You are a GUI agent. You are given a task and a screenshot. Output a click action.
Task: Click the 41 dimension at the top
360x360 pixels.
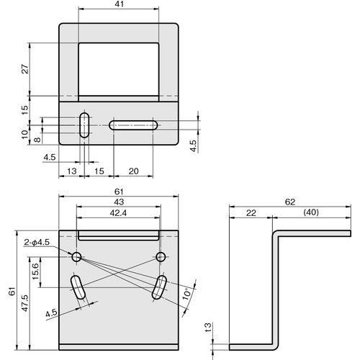tap(119, 4)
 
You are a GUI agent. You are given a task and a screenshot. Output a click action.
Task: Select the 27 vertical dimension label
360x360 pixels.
tap(25, 69)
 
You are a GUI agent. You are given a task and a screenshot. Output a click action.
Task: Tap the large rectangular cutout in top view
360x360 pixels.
tap(119, 69)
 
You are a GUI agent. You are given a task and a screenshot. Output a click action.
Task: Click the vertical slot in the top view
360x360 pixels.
tap(84, 125)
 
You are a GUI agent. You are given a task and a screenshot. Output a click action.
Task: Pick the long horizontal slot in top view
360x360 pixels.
tap(133, 125)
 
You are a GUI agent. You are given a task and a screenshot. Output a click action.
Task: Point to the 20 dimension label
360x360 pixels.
tap(133, 171)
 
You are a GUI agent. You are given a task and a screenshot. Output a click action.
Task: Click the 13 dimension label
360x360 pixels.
tap(71, 171)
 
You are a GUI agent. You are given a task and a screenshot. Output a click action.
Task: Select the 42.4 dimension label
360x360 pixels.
tap(118, 213)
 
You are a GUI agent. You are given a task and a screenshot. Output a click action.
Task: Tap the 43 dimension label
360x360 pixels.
tap(119, 202)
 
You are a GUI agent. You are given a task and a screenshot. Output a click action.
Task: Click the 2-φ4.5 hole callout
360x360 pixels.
tap(37, 242)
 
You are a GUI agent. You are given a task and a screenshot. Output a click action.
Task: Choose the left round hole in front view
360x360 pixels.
tap(76, 257)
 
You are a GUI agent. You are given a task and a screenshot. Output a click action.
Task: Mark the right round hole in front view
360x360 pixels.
tap(161, 257)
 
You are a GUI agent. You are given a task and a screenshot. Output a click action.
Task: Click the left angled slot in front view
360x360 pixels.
tap(78, 287)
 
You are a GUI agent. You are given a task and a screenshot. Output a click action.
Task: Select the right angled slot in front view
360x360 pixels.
tap(159, 287)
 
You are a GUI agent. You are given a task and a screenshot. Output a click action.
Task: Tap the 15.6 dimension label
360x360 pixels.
tap(35, 271)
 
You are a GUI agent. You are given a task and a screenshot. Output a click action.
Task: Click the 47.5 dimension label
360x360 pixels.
tap(25, 303)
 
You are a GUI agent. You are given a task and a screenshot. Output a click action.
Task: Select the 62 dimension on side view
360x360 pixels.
tap(290, 202)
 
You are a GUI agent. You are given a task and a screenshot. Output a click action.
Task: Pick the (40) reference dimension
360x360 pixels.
tap(311, 212)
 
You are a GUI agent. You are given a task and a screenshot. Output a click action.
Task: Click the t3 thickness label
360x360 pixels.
tap(208, 328)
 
